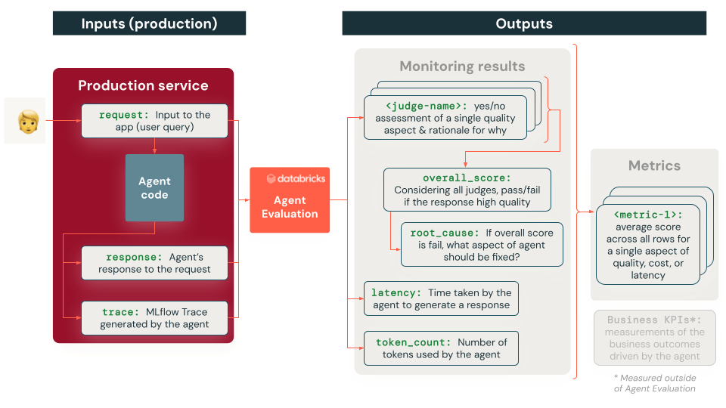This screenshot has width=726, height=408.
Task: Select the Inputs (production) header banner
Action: (149, 23)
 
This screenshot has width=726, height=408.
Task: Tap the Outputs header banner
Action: (523, 23)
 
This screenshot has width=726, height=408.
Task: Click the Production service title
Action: (143, 85)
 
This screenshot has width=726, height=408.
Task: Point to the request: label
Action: (125, 115)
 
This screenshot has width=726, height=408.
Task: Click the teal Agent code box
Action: (154, 188)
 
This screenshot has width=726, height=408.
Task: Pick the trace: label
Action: (121, 311)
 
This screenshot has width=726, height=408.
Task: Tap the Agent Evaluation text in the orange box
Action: (290, 207)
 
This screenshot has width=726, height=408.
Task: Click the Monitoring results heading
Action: (462, 66)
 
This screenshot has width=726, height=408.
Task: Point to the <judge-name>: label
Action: (427, 107)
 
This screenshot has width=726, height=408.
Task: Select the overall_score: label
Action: (467, 178)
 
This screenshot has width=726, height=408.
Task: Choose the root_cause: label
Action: (444, 233)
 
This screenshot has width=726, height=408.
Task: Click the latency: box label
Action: (396, 292)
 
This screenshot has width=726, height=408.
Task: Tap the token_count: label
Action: (413, 342)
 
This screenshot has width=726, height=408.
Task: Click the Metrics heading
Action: (654, 165)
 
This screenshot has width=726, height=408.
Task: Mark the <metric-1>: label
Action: (648, 215)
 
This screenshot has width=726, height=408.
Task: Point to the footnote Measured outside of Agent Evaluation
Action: (654, 383)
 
